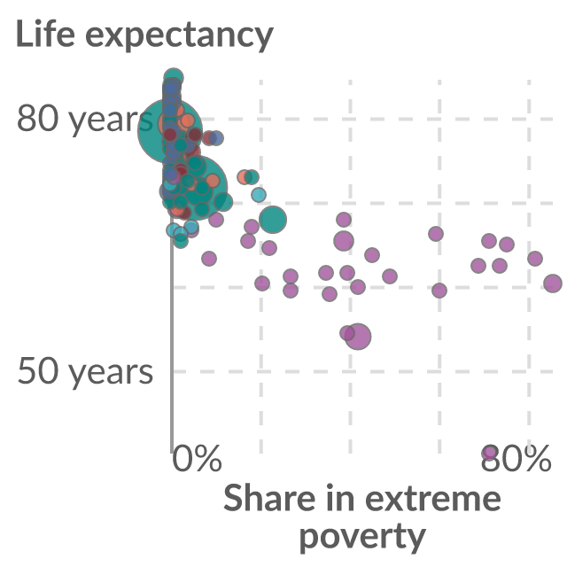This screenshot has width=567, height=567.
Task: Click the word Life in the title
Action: click(x=45, y=34)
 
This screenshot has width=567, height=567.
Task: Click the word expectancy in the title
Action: click(x=179, y=36)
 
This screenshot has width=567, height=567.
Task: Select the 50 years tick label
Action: click(x=85, y=372)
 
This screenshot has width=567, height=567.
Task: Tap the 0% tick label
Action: click(x=197, y=459)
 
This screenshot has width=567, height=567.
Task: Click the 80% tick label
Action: click(x=516, y=459)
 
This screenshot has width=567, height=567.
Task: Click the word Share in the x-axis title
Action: click(x=269, y=498)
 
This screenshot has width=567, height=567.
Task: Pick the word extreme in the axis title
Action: click(x=433, y=498)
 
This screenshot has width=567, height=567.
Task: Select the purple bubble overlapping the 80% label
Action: click(x=489, y=452)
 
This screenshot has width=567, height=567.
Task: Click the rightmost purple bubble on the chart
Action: click(x=553, y=283)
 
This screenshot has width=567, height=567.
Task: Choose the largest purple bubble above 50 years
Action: click(x=358, y=337)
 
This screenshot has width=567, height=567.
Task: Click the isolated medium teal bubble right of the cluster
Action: click(x=273, y=220)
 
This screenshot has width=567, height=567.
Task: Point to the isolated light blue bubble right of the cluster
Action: click(x=259, y=195)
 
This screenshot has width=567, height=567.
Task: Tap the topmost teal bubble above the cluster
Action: click(x=174, y=77)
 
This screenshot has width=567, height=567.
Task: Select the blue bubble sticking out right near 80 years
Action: click(x=216, y=138)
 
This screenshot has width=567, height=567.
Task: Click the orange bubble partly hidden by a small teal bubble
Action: click(x=244, y=177)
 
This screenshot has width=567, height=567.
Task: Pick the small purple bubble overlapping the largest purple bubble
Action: click(x=347, y=333)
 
